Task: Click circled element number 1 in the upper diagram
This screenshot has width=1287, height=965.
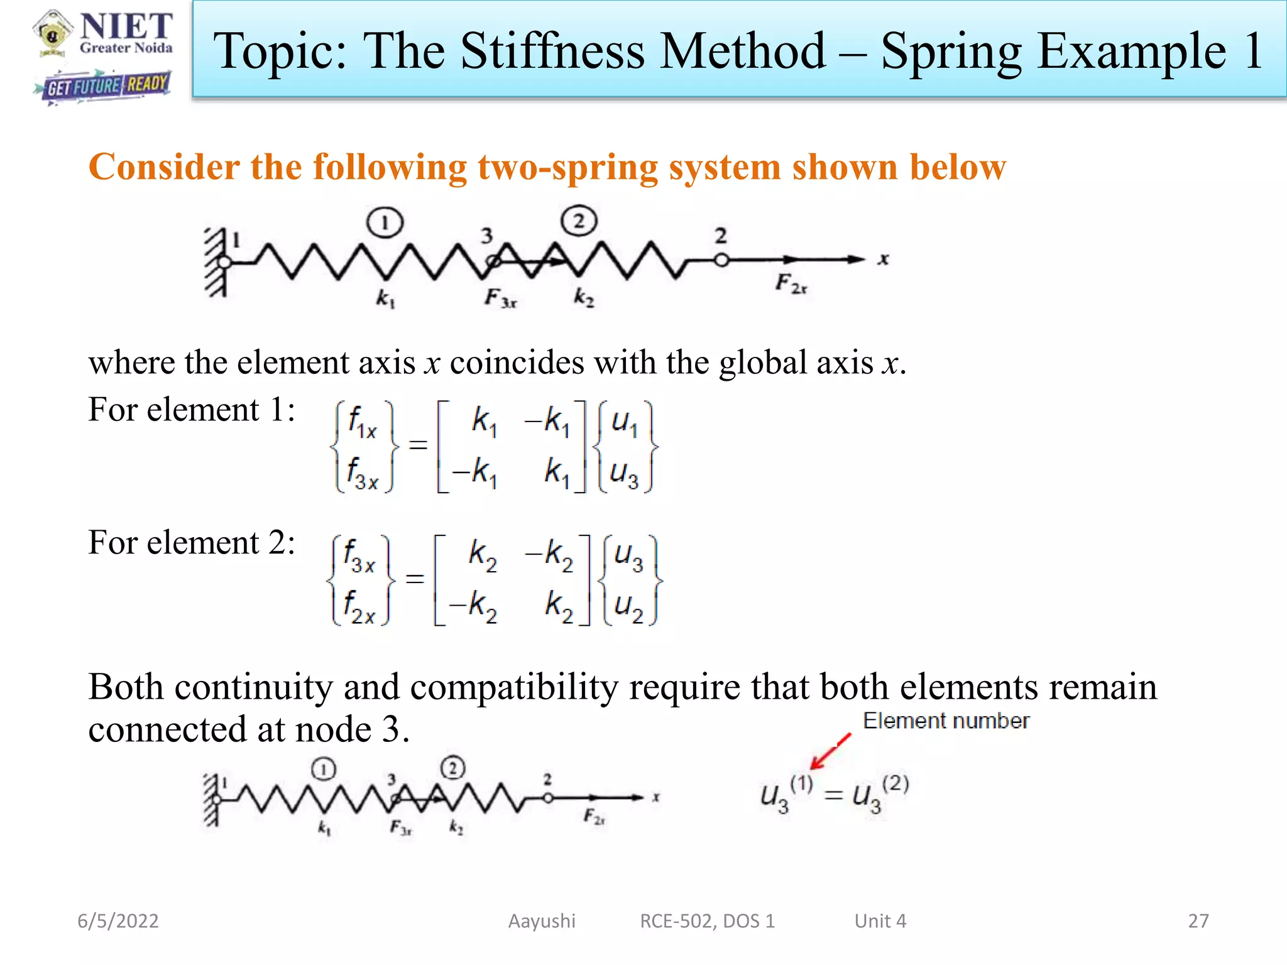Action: pyautogui.click(x=385, y=222)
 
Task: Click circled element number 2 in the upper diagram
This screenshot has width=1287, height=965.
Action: pyautogui.click(x=579, y=221)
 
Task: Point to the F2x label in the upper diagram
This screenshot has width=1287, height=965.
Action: pyautogui.click(x=791, y=284)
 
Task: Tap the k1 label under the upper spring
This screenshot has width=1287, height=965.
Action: pyautogui.click(x=385, y=298)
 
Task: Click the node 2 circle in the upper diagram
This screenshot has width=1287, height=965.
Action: pyautogui.click(x=721, y=259)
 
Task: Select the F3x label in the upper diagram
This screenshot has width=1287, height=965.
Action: pyautogui.click(x=500, y=297)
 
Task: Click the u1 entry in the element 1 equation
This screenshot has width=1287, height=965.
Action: pyautogui.click(x=625, y=422)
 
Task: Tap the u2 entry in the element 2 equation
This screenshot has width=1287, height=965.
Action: pyautogui.click(x=629, y=606)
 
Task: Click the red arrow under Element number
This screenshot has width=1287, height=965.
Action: pyautogui.click(x=830, y=751)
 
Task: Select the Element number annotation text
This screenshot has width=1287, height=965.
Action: pyautogui.click(x=946, y=721)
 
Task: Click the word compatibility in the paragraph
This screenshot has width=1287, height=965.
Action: pyautogui.click(x=514, y=687)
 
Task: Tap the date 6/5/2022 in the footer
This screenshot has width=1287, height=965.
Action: pyautogui.click(x=118, y=921)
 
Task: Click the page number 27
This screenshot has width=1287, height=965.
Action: pyautogui.click(x=1198, y=921)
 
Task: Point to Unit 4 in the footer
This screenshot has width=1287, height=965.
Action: pyautogui.click(x=880, y=921)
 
